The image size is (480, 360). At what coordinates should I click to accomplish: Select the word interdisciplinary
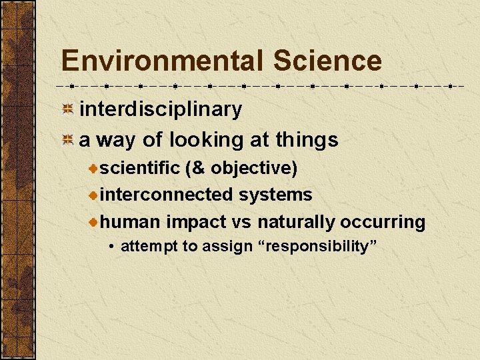click(161, 109)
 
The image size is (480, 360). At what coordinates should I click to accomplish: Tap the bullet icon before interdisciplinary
click(67, 109)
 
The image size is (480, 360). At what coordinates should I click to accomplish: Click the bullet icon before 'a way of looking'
click(67, 140)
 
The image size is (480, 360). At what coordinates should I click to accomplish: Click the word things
click(307, 140)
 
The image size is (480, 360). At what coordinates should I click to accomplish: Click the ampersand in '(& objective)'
click(198, 168)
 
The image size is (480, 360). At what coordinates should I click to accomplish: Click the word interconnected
click(167, 195)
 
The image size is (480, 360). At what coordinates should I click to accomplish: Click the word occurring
click(383, 221)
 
